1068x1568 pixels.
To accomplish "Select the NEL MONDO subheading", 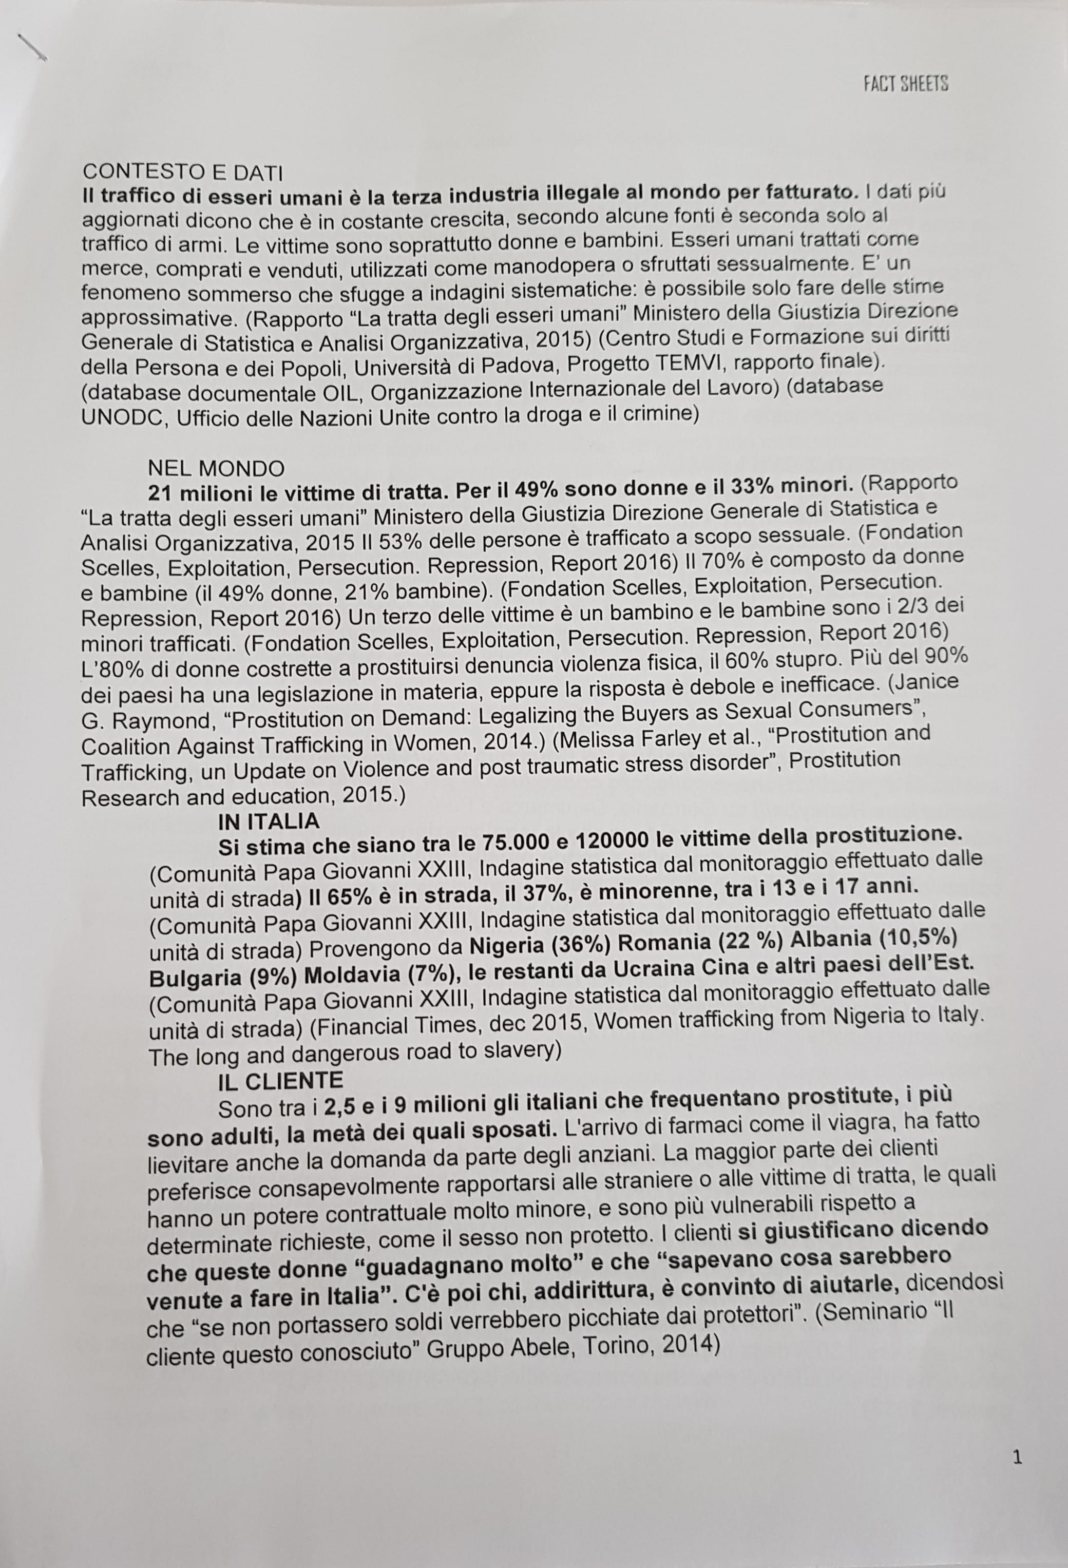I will tap(216, 468).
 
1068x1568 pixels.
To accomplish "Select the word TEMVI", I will tap(689, 365).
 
